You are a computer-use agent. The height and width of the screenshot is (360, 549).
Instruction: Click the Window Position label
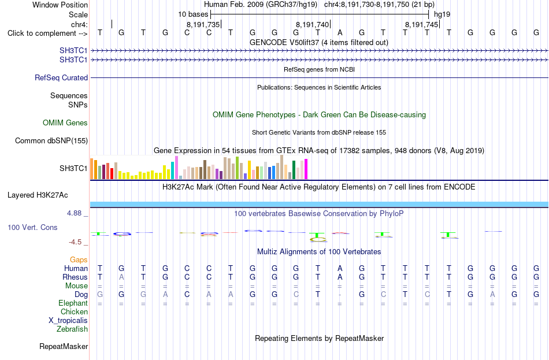[60, 5]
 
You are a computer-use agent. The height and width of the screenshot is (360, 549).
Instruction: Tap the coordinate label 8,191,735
[203, 24]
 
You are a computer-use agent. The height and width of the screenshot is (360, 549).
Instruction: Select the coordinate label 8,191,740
[312, 24]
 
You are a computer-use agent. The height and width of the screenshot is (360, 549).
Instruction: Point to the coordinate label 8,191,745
[421, 24]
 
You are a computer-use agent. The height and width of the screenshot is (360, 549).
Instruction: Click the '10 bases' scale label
[193, 14]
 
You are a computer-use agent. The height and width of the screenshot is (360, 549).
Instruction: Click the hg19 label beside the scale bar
[442, 14]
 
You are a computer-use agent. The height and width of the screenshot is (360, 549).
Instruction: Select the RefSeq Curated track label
[61, 78]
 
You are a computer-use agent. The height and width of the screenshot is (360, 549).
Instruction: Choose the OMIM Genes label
[65, 123]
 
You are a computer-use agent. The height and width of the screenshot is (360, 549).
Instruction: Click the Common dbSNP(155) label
[51, 141]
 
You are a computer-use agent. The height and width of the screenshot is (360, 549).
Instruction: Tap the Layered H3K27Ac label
[38, 195]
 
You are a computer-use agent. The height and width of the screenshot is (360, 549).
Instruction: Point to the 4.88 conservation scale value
[74, 213]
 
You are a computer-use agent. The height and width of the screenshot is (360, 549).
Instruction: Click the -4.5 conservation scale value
[75, 242]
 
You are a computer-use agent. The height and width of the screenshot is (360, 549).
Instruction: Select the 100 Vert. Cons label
[32, 227]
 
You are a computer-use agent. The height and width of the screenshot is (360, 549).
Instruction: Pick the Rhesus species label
[75, 277]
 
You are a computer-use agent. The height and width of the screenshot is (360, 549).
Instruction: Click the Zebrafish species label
[72, 329]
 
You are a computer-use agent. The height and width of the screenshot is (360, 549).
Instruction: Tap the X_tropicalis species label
[68, 321]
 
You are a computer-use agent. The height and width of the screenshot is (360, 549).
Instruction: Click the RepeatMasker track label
[64, 346]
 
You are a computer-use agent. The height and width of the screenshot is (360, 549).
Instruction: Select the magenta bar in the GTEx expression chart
[306, 169]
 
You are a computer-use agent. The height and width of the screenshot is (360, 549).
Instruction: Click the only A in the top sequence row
[340, 32]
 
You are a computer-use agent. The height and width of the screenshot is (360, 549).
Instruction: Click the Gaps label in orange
[79, 259]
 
